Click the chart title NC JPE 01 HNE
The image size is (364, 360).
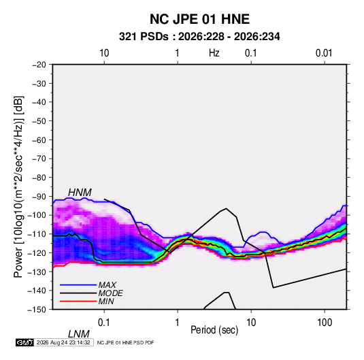199,19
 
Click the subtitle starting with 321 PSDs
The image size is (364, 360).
199,37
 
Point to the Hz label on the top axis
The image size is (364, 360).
214,53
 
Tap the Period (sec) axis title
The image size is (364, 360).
214,330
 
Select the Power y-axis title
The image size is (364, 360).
18,186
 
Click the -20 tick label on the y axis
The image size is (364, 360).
39,65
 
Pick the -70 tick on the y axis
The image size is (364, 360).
39,159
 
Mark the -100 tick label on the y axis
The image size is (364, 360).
37,215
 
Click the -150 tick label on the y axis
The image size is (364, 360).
37,310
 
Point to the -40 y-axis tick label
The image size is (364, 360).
39,102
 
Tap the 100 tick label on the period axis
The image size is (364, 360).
325,323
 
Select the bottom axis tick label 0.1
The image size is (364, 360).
104,323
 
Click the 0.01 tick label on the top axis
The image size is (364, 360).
324,53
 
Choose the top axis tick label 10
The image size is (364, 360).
104,53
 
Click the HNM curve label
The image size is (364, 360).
80,193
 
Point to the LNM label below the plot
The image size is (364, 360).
79,334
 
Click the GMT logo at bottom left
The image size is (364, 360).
24,342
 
